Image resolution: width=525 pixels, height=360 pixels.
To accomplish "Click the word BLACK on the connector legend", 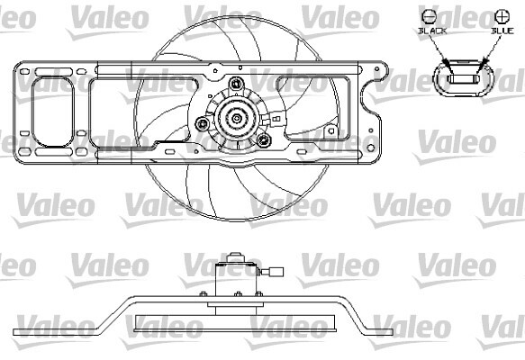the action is coord(432,31).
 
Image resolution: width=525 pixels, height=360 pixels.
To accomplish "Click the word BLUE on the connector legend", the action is coord(502,31).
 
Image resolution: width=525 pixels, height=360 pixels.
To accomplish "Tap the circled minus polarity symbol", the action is coord(429,16).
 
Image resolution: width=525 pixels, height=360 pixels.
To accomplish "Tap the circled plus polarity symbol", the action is coord(502,16).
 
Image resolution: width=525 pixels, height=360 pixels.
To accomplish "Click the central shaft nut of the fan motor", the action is coord(237,118).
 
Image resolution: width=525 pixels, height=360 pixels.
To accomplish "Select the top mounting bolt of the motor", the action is coord(236,83).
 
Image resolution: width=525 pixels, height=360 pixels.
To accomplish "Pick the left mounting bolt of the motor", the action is coord(203,123).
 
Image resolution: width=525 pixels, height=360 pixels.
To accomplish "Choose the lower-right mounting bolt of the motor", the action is coord(263,139).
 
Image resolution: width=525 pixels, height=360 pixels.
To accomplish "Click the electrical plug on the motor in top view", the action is coord(276,119).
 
